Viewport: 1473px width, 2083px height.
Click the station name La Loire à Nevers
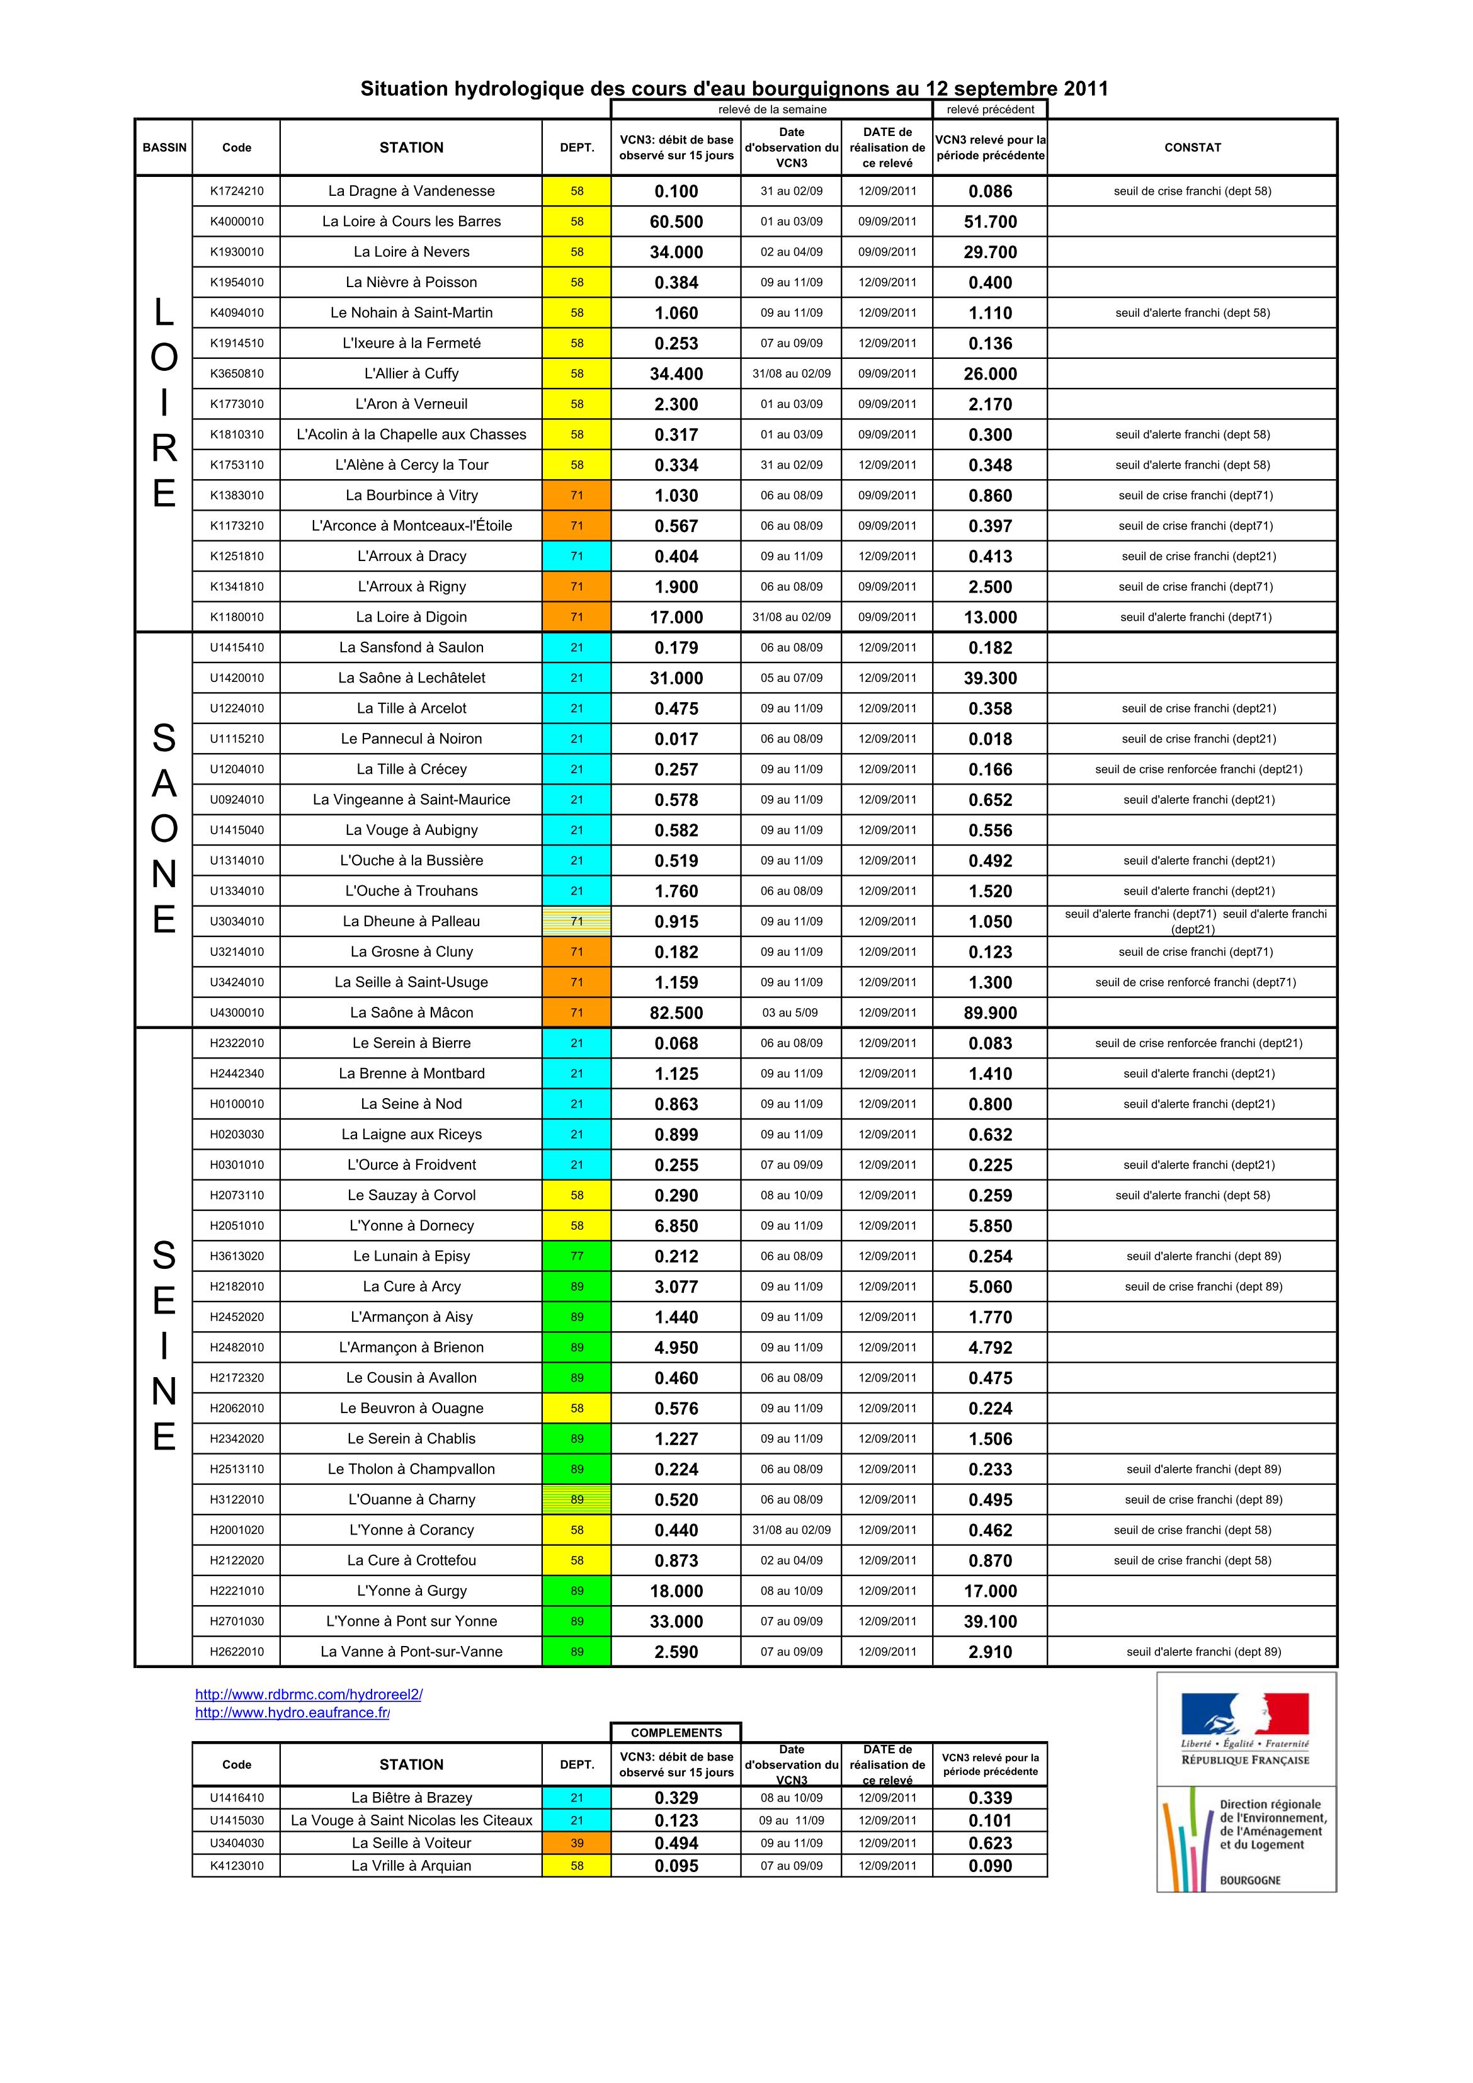(x=411, y=253)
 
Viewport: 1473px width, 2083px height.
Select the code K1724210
(x=237, y=191)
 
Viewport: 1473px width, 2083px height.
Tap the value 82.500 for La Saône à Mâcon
(x=676, y=1013)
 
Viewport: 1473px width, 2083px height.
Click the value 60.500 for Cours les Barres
(x=676, y=222)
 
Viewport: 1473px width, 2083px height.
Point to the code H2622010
(x=237, y=1652)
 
